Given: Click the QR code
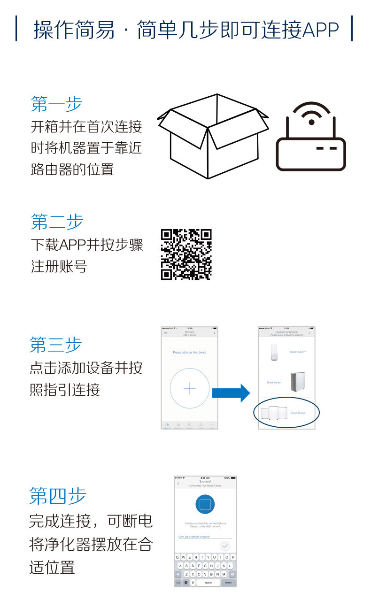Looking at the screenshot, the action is pos(186,254).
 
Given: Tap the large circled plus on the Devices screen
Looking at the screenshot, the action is pos(189,388).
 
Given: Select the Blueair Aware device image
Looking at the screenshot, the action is pos(274,352).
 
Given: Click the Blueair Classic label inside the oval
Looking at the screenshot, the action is pos(298,413).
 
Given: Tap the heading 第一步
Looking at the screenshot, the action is pos(56,104).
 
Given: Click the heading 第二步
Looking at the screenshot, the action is pos(56,222).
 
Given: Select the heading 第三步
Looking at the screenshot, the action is pos(55,344).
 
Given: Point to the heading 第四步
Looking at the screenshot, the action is pos(57,495).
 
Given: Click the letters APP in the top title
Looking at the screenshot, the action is pos(321,30).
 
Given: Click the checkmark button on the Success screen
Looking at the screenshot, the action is pos(225,546).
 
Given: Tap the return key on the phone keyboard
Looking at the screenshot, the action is pos(229,582).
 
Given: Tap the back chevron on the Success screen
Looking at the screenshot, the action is pos(178,483).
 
